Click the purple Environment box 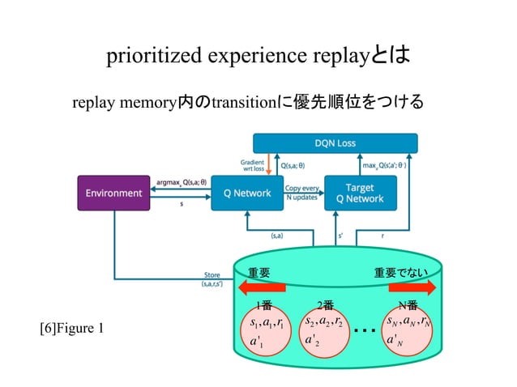coord(114,193)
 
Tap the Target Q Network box coord(360,193)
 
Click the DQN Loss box coord(335,143)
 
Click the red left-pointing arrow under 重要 coord(261,287)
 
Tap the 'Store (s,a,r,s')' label coord(211,279)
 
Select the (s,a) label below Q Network coord(276,236)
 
